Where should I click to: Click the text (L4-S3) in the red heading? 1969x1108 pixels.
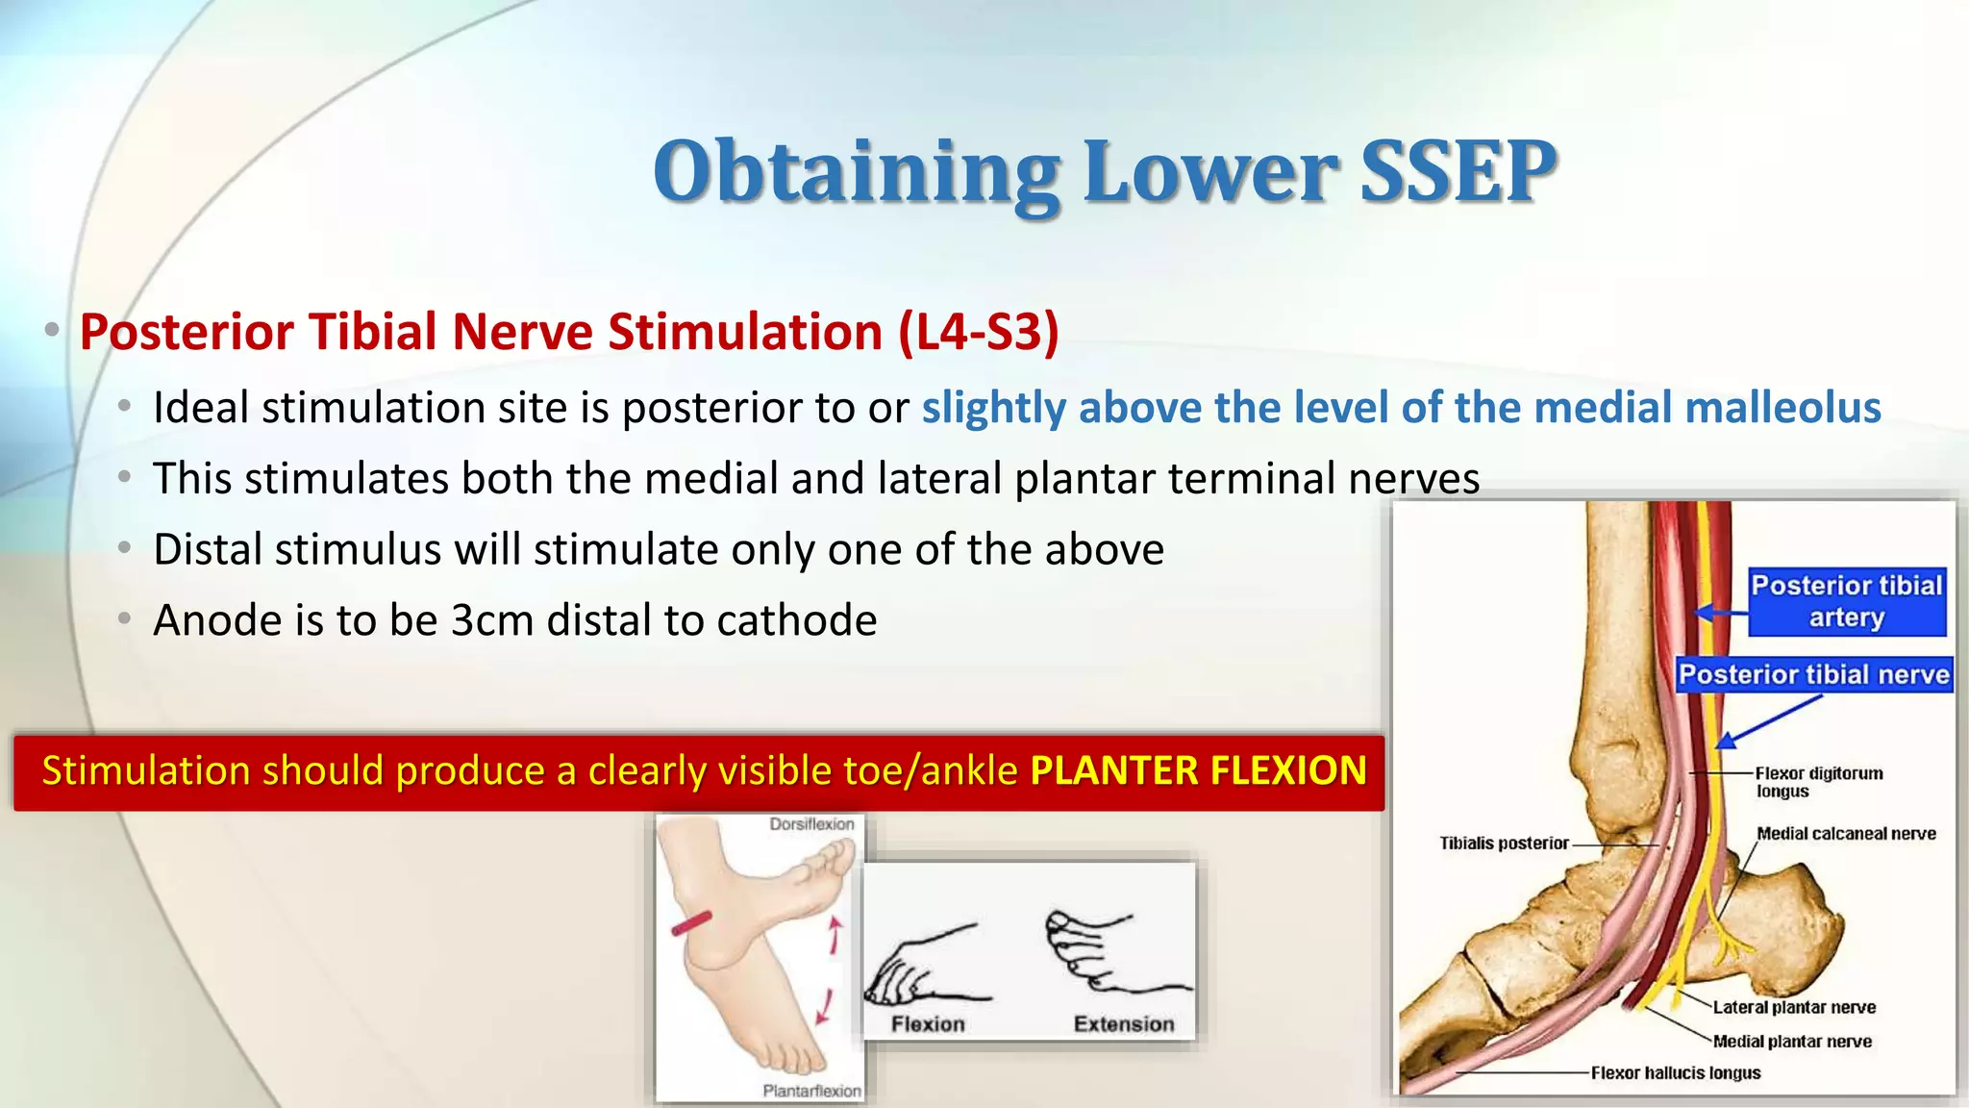click(979, 332)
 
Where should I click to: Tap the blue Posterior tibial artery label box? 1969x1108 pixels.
click(1846, 601)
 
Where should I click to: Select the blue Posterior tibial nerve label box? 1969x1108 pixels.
click(1813, 674)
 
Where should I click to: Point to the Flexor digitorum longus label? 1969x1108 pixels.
click(1817, 782)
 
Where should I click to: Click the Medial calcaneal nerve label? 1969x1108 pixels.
click(1845, 834)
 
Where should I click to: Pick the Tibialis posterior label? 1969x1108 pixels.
click(1504, 844)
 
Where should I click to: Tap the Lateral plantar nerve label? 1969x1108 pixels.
click(1793, 1007)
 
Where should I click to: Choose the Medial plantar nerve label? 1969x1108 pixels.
click(1792, 1041)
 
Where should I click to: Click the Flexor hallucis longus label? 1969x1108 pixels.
click(1675, 1072)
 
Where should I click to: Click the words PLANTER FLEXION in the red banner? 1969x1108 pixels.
click(1198, 771)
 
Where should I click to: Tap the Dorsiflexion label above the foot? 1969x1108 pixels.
click(810, 824)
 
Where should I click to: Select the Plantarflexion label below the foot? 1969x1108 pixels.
click(811, 1091)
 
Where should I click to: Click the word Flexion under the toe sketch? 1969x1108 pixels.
click(927, 1024)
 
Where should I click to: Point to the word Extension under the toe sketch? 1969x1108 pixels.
click(1123, 1024)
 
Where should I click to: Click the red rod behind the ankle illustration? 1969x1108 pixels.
click(691, 923)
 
